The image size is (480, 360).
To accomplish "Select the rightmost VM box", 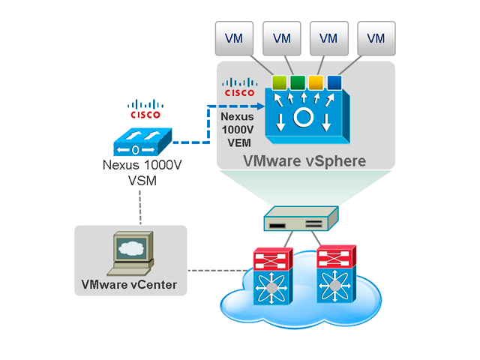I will [376, 38].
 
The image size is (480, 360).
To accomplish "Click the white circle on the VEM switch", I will [303, 118].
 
